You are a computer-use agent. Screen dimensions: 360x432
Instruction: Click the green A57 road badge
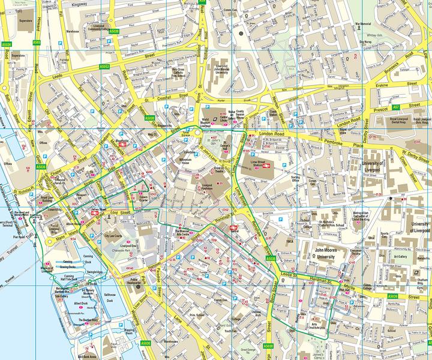395,107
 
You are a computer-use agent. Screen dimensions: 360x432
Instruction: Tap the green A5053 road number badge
104,67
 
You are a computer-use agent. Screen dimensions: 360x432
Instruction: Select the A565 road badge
37,43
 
